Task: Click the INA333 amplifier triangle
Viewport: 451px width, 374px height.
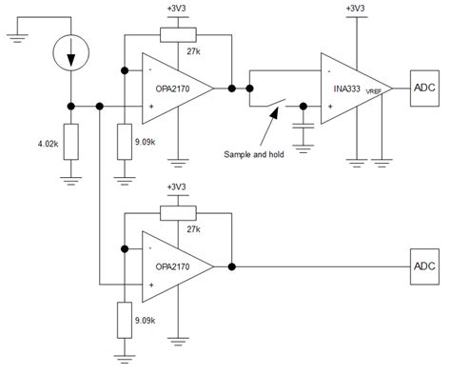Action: pos(356,89)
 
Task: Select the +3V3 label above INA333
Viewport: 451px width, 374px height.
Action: pos(357,10)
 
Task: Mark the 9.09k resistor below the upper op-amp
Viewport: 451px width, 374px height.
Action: pos(124,144)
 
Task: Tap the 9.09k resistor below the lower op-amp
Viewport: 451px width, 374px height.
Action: pos(124,319)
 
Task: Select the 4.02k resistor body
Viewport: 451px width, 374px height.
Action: pos(71,144)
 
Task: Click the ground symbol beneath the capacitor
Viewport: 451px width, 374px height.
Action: pos(304,146)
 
